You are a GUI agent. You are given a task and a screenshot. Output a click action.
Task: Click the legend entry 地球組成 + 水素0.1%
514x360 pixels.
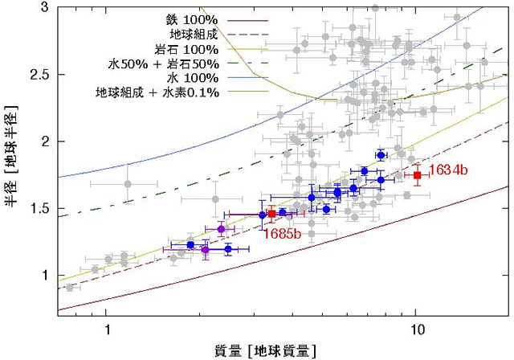coord(149,93)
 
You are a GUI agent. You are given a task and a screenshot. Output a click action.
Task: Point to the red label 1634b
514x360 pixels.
coord(445,170)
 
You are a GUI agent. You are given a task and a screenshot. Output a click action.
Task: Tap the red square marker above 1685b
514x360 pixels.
coord(271,214)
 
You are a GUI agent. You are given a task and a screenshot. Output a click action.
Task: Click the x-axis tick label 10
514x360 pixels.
coord(415,329)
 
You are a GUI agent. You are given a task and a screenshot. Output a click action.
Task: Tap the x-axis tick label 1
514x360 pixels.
coord(107,329)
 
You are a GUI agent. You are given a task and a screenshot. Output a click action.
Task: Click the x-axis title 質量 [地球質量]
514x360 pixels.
coord(264,350)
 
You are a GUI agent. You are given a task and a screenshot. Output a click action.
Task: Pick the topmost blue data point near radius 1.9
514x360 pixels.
coord(381,154)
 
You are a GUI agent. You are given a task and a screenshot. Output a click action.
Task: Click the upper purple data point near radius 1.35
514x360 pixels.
coord(221,229)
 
